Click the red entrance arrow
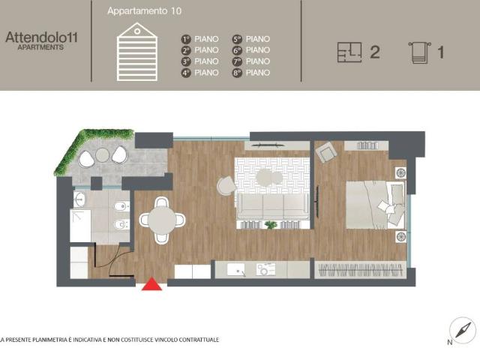152,283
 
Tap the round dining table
162,220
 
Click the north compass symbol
462,330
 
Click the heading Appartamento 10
144,12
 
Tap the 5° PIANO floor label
251,39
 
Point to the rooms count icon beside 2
349,52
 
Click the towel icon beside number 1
418,52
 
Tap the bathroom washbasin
80,199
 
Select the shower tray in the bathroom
80,225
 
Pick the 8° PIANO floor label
251,73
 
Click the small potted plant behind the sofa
271,225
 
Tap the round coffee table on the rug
265,178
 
